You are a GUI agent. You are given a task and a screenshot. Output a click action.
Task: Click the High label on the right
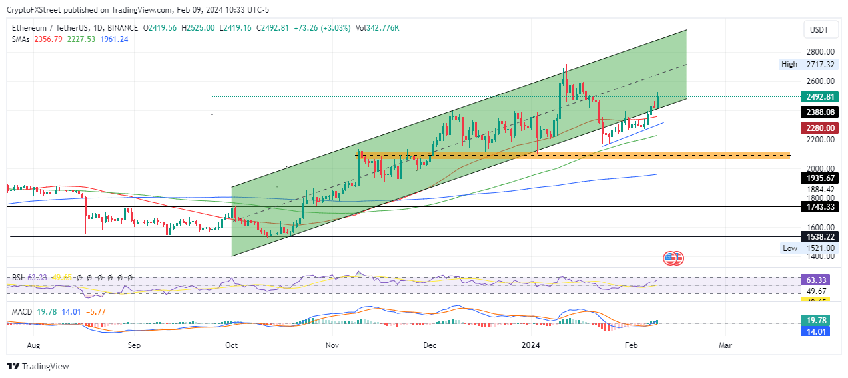789,64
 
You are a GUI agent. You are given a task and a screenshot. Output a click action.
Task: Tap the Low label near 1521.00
790,248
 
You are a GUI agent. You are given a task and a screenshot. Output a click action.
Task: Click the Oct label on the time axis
231,345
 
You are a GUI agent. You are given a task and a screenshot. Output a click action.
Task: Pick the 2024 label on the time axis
532,345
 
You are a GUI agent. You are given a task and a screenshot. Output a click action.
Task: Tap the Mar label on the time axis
725,345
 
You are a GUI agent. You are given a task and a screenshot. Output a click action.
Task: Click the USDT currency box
819,29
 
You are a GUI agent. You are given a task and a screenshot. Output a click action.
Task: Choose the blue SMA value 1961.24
115,39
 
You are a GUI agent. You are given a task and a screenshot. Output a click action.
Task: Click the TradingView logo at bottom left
38,367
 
